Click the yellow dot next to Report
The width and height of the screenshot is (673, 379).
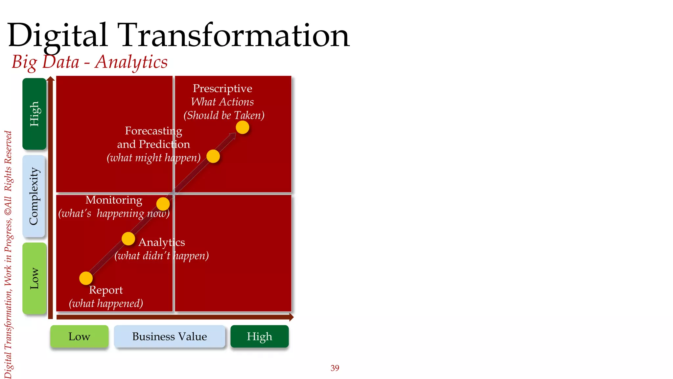pyautogui.click(x=86, y=278)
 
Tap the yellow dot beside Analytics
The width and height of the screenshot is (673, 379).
pyautogui.click(x=128, y=239)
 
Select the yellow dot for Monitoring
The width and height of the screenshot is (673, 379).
pyautogui.click(x=163, y=204)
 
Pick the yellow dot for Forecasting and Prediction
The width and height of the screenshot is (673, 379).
pyautogui.click(x=213, y=156)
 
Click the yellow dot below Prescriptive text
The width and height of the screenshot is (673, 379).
pyautogui.click(x=243, y=127)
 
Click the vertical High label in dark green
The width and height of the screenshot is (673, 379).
pyautogui.click(x=34, y=114)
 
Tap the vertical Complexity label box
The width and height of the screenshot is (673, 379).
pyautogui.click(x=34, y=196)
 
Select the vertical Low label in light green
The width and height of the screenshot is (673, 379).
pyautogui.click(x=34, y=278)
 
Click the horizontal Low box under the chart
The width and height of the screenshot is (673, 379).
pyautogui.click(x=79, y=336)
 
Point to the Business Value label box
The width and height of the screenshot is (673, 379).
pyautogui.click(x=170, y=336)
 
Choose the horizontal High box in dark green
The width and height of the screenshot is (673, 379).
pyautogui.click(x=260, y=336)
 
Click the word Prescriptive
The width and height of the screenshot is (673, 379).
pyautogui.click(x=222, y=88)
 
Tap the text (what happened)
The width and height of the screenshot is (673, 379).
pyautogui.click(x=106, y=303)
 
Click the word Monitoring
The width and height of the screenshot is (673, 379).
pyautogui.click(x=114, y=200)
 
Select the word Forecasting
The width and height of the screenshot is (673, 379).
pyautogui.click(x=153, y=131)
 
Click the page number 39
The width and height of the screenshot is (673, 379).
pyautogui.click(x=335, y=368)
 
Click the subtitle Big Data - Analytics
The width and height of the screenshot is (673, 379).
pyautogui.click(x=90, y=62)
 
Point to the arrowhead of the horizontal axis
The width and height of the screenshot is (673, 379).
pyautogui.click(x=291, y=317)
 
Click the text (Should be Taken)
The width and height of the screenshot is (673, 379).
pyautogui.click(x=224, y=115)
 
